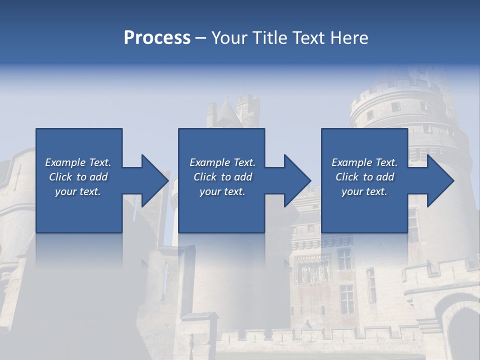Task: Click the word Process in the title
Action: [x=157, y=38]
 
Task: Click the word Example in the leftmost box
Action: [x=65, y=162]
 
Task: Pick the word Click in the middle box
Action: [x=204, y=177]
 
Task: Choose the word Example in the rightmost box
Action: [x=352, y=162]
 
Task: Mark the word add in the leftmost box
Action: [x=98, y=177]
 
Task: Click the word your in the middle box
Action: [x=210, y=191]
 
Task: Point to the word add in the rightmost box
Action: [x=385, y=177]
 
